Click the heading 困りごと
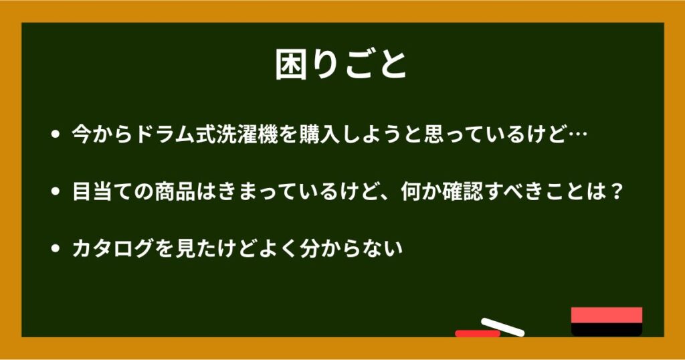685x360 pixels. click(x=341, y=65)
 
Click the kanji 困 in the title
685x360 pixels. click(x=291, y=65)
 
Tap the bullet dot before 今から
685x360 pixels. click(x=55, y=134)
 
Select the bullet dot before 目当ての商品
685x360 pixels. click(x=55, y=191)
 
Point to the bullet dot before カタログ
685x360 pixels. click(x=55, y=249)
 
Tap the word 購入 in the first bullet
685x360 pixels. click(x=320, y=134)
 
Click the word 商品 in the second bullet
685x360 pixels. click(x=175, y=191)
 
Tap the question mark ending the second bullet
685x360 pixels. click(x=616, y=191)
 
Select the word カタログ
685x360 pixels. click(x=112, y=249)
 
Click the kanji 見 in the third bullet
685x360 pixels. click(x=185, y=249)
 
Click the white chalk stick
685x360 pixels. click(x=503, y=327)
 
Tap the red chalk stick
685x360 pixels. click(x=477, y=334)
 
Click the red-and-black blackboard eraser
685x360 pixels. click(x=607, y=322)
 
